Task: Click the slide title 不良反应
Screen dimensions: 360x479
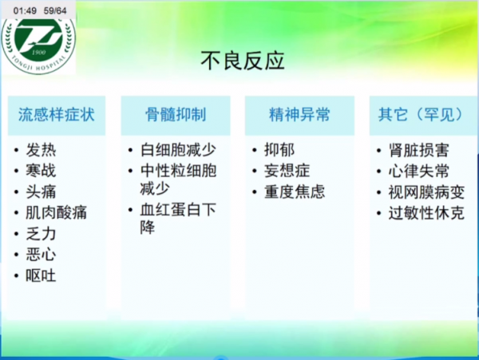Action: [x=241, y=61]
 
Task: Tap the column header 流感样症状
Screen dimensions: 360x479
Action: [x=57, y=114]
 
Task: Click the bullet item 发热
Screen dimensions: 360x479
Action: [x=42, y=150]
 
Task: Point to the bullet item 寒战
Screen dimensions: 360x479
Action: [x=42, y=171]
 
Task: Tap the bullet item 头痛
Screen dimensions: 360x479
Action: [x=42, y=192]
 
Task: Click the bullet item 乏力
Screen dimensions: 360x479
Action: [x=42, y=234]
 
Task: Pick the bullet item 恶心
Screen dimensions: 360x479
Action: [x=42, y=255]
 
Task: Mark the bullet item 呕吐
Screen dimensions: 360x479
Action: [x=42, y=276]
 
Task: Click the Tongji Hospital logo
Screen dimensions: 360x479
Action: [x=38, y=44]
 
